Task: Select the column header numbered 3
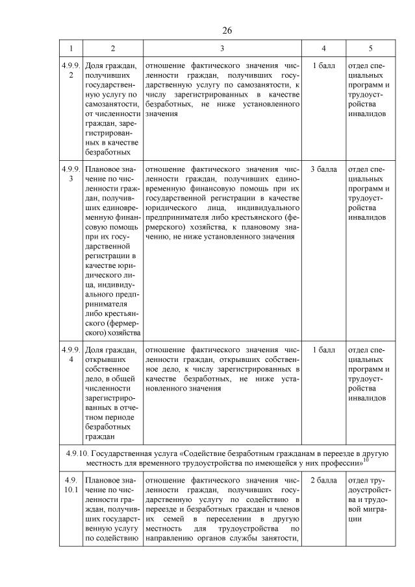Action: tap(222, 48)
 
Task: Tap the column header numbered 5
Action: tap(370, 48)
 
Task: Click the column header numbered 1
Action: tap(70, 48)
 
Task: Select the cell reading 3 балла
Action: tap(323, 169)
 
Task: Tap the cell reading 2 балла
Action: tap(323, 480)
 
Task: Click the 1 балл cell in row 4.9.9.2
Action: tap(323, 66)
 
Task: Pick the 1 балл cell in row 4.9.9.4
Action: tap(323, 350)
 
